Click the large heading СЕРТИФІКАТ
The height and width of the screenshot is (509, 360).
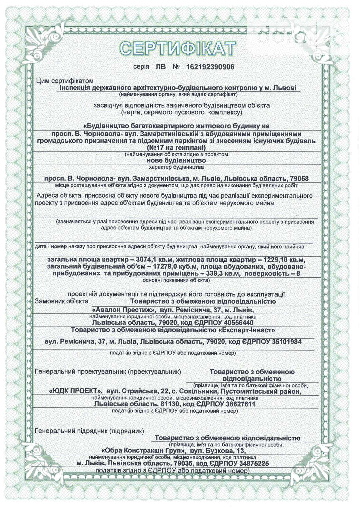tap(177, 49)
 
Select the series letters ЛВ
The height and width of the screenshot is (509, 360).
tap(160, 67)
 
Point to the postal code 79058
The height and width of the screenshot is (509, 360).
tap(299, 179)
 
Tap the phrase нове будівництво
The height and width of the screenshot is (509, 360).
tap(176, 160)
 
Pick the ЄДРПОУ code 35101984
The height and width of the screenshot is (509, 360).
tap(286, 342)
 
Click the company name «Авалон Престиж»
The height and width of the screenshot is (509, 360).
tap(120, 309)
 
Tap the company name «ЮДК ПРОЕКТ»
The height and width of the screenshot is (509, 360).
tap(75, 391)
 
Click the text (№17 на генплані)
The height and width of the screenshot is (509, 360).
tap(176, 147)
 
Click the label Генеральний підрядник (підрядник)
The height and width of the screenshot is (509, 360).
tap(89, 431)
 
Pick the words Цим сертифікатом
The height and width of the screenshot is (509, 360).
tap(65, 81)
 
